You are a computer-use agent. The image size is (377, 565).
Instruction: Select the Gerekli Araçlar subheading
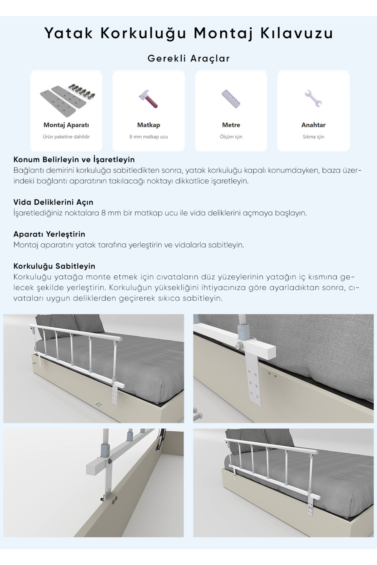click(188, 58)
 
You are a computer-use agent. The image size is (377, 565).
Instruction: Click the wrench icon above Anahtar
click(313, 99)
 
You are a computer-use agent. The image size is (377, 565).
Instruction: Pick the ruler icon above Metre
click(231, 99)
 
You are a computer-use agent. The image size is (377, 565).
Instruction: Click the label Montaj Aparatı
click(66, 125)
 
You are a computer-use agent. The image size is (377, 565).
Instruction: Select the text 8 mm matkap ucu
click(149, 137)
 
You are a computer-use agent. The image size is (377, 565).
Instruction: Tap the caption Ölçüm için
click(231, 137)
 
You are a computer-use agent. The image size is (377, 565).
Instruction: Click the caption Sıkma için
click(313, 137)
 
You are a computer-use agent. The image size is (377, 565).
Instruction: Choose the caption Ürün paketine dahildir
click(66, 137)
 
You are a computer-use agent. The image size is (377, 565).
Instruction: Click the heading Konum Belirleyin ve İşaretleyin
click(74, 159)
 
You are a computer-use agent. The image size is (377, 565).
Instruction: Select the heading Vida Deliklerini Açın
click(53, 202)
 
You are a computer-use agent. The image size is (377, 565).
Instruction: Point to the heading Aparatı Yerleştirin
click(49, 234)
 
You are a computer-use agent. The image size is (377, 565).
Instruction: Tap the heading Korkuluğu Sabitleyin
click(54, 266)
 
